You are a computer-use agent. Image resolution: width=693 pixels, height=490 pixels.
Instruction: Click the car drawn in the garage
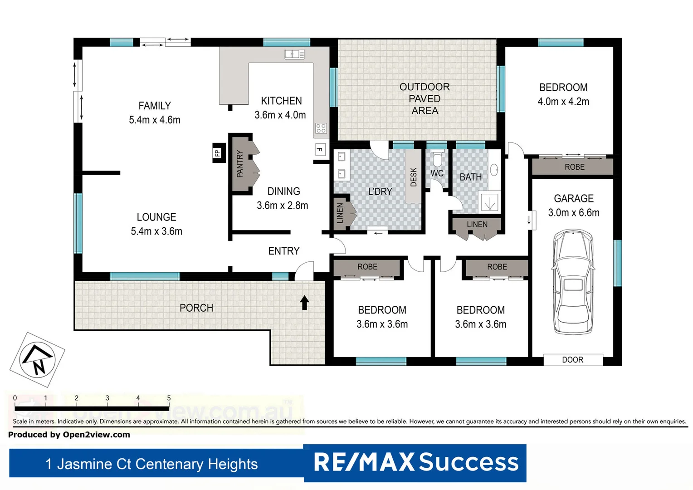[573, 281]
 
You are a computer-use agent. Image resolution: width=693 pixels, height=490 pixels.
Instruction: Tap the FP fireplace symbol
[218, 153]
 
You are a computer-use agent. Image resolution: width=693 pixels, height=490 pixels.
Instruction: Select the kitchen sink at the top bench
[294, 54]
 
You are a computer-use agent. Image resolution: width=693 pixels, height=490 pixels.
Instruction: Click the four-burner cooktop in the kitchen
[321, 128]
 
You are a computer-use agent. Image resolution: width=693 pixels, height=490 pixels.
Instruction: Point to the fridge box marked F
[320, 149]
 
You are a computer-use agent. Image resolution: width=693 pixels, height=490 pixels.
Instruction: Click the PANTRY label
[240, 164]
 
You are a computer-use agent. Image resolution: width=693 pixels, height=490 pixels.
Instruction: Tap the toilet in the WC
[437, 159]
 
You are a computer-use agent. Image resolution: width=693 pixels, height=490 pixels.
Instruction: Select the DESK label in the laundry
[413, 177]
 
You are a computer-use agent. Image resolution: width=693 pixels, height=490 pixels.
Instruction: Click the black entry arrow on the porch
[304, 303]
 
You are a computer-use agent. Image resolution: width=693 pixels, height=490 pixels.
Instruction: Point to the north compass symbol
[38, 359]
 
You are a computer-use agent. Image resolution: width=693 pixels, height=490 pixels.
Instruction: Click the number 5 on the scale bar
[169, 398]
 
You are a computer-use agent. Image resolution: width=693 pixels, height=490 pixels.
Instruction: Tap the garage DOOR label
[572, 360]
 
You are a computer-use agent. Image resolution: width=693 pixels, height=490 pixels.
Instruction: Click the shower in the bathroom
[489, 202]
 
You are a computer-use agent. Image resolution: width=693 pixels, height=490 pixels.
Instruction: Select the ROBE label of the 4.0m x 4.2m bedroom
[574, 167]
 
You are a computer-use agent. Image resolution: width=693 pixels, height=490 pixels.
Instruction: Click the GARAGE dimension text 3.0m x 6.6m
[574, 212]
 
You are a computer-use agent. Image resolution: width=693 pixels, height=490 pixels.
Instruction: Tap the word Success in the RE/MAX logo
[469, 462]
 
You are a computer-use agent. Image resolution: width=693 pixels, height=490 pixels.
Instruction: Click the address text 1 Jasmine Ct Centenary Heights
[151, 464]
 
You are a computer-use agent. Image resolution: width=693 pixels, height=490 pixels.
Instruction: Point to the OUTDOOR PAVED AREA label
[425, 98]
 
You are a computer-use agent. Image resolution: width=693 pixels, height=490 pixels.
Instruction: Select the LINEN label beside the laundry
[340, 213]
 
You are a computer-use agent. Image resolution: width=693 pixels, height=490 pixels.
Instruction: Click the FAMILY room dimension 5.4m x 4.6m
[155, 120]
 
